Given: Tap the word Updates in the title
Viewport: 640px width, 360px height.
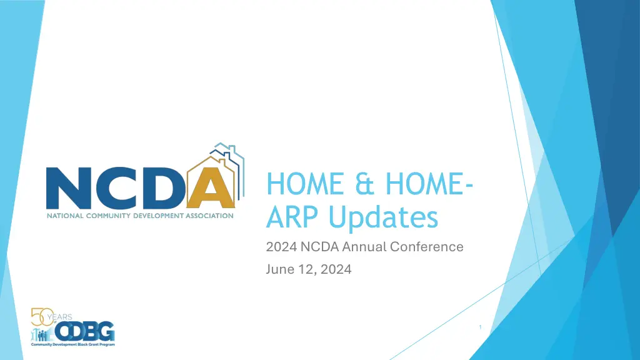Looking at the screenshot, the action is [383, 217].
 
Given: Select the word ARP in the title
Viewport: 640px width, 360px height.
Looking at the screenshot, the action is [292, 217].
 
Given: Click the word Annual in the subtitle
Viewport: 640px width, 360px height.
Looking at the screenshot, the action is [364, 246].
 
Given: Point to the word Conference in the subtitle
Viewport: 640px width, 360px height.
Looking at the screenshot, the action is [426, 246].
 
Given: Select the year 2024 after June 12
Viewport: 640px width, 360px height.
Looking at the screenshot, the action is [336, 269].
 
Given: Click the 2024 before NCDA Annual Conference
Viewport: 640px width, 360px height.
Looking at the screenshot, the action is [281, 246].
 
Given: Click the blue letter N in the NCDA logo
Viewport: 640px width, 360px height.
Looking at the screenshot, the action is [68, 188].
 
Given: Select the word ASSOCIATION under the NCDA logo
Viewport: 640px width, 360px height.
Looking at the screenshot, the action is [210, 216].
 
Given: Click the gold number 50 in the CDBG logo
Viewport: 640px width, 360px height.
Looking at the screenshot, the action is [42, 317].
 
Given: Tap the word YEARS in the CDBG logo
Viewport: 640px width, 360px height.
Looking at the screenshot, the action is [59, 317].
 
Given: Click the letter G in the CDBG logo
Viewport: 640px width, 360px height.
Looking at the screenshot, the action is [106, 331].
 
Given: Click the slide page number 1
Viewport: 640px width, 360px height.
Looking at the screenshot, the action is [480, 327].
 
